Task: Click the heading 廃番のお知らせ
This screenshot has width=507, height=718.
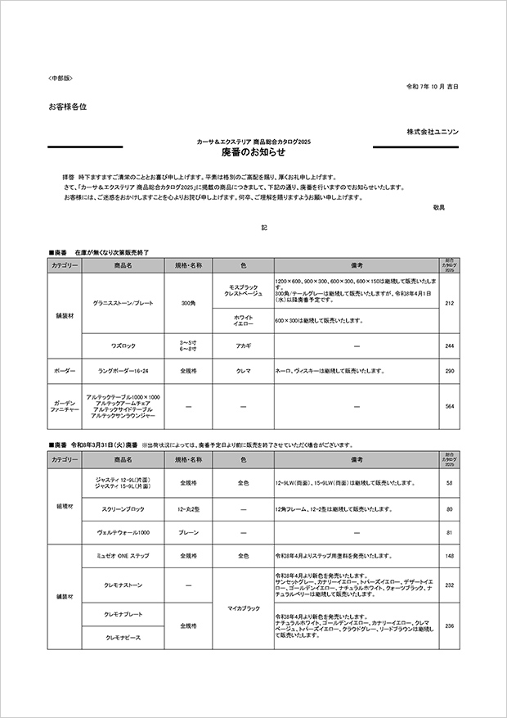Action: [x=253, y=152]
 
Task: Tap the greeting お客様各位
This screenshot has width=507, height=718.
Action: [x=67, y=106]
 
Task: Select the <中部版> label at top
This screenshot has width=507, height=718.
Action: [x=61, y=78]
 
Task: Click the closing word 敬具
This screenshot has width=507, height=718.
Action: [x=438, y=208]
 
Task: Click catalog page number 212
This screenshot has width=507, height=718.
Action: [x=449, y=304]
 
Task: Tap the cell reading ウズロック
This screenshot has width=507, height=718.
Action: [x=123, y=345]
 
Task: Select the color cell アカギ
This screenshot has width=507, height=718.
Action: [x=243, y=345]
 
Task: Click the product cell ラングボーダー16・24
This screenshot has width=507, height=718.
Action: [x=123, y=371]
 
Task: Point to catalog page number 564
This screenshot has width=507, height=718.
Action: [x=449, y=405]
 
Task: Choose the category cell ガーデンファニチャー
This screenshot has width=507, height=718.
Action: [x=65, y=405]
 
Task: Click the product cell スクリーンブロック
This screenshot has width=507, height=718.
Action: [x=123, y=509]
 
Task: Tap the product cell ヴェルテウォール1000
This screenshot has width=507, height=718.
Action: [x=123, y=532]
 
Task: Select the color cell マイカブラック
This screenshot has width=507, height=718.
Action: [x=243, y=608]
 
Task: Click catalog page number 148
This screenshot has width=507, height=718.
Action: [x=449, y=556]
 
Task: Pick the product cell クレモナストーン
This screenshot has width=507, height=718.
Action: [x=123, y=585]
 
